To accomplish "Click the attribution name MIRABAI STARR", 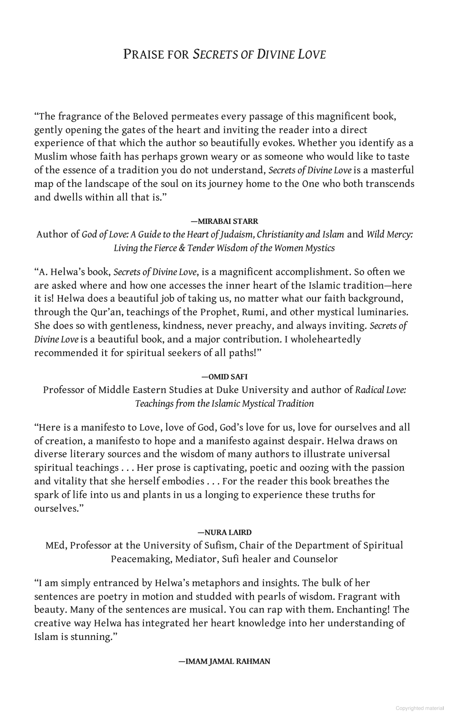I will point(228,221).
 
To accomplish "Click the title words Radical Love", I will point(381,390).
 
